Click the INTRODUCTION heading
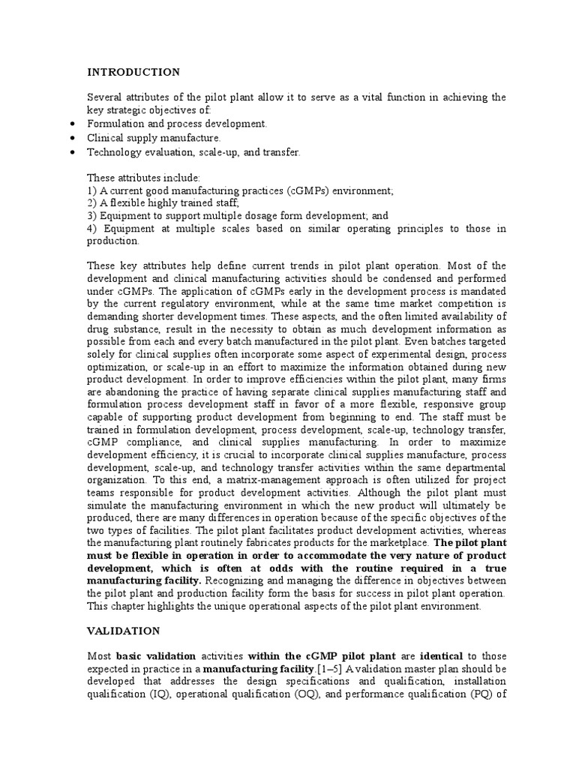[133, 73]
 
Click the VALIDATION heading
[123, 632]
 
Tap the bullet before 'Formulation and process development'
[70, 124]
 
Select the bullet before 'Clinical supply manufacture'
[70, 138]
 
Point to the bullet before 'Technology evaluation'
[70, 152]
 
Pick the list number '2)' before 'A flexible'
[93, 203]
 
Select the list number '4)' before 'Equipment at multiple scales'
[94, 228]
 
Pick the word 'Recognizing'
[234, 580]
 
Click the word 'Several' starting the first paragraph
[104, 97]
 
